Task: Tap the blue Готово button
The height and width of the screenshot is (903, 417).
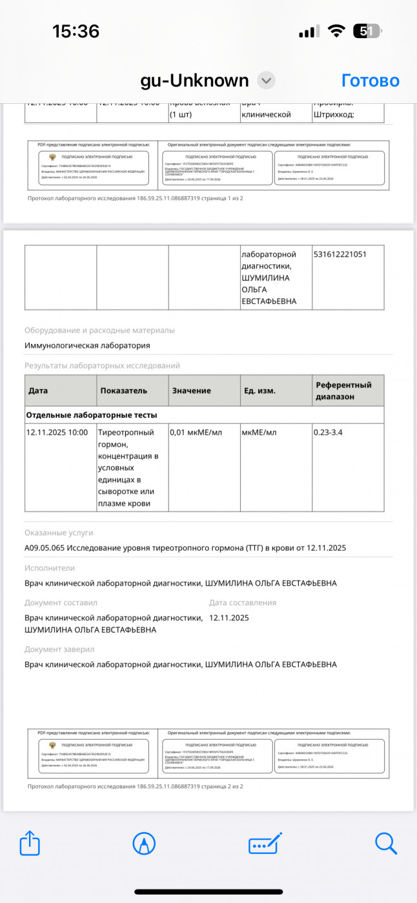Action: tap(370, 81)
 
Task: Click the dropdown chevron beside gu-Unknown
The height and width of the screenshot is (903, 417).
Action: tap(266, 81)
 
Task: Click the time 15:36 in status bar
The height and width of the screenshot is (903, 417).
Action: tap(76, 31)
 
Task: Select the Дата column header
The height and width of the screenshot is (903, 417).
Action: tap(38, 391)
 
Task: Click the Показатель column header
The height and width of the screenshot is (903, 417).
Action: tap(124, 391)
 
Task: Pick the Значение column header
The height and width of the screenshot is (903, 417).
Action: tap(191, 391)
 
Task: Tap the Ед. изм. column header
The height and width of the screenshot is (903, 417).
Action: tap(259, 391)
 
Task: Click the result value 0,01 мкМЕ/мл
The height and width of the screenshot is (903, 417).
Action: tap(196, 432)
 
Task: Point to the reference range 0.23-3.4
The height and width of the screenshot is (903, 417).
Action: tap(328, 432)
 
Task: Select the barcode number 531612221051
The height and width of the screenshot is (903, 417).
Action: tap(340, 254)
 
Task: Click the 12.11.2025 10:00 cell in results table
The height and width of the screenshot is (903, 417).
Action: tap(57, 432)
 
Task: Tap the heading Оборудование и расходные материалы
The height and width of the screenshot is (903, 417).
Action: tap(99, 330)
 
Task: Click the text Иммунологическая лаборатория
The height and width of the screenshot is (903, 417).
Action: tap(87, 346)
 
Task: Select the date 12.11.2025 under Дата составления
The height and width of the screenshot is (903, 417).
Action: tap(229, 618)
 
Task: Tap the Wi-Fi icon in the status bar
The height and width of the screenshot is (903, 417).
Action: tap(336, 31)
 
